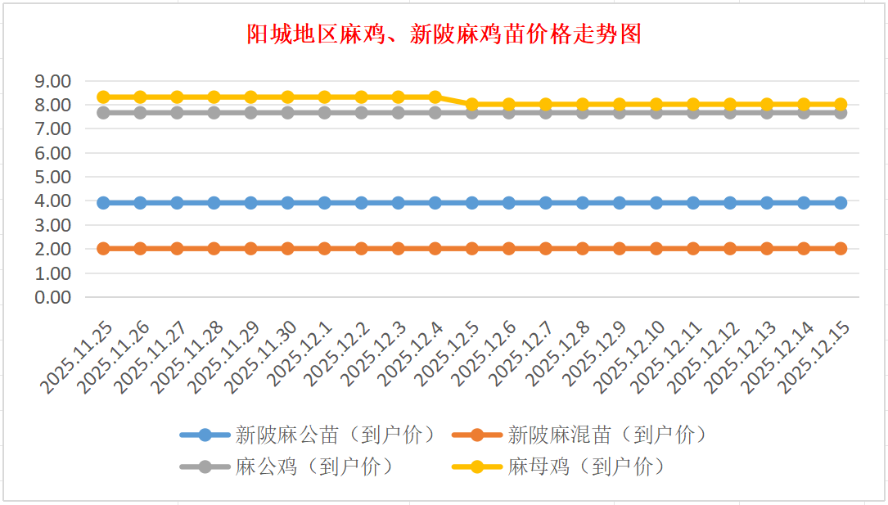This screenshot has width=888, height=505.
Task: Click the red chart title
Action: click(444, 34)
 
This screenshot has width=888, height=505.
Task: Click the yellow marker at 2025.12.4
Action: click(435, 97)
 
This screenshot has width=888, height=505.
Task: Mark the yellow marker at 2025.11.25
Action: click(104, 97)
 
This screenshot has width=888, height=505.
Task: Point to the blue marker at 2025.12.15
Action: click(841, 202)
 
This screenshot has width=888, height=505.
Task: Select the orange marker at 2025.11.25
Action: click(104, 248)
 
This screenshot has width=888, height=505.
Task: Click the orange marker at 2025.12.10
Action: click(656, 248)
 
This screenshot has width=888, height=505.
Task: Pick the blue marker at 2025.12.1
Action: click(325, 202)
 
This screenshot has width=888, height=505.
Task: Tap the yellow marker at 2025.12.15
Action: click(841, 105)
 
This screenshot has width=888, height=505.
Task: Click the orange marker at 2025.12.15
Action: click(841, 248)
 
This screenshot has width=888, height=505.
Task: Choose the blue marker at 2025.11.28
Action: click(214, 202)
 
